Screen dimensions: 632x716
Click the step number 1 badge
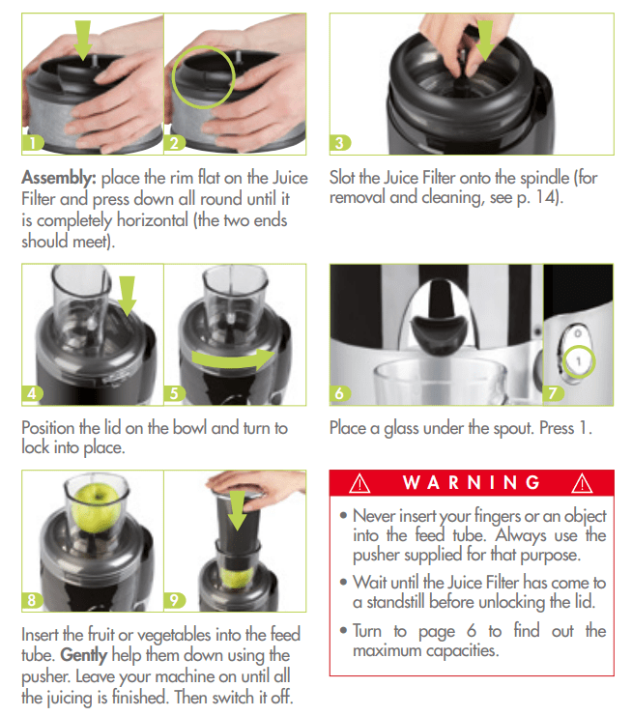click(x=33, y=143)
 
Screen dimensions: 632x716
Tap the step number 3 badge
click(x=340, y=143)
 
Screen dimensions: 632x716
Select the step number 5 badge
click(x=175, y=393)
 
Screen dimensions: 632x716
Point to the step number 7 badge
click(x=554, y=393)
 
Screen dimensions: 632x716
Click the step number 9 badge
click(x=175, y=599)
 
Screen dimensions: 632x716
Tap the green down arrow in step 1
click(x=83, y=41)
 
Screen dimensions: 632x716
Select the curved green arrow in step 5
click(x=233, y=359)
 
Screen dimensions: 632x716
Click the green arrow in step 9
click(x=237, y=510)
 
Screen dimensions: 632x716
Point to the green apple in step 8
click(x=96, y=508)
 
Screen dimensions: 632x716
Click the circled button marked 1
click(x=578, y=361)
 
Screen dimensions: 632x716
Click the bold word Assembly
click(x=59, y=178)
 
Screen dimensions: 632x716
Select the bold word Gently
click(x=84, y=655)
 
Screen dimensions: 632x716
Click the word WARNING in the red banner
click(x=472, y=483)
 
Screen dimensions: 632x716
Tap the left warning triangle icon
click(x=359, y=483)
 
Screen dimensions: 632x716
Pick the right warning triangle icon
click(x=582, y=483)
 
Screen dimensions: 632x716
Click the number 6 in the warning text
click(x=472, y=631)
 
